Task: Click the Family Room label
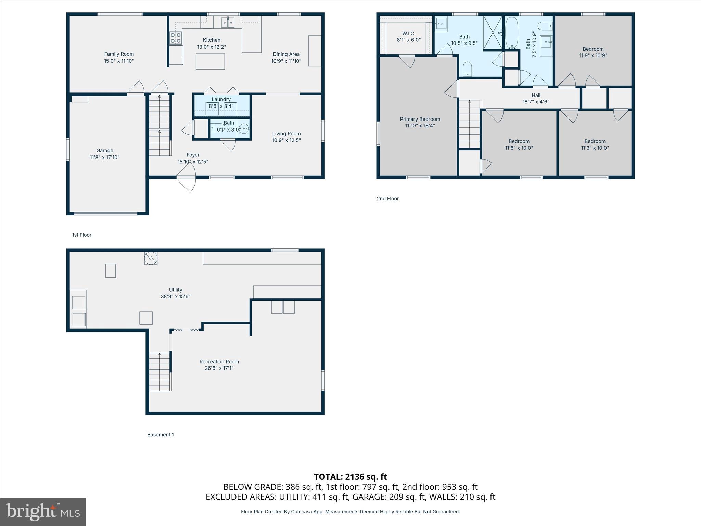point(119,54)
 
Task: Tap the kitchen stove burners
point(176,38)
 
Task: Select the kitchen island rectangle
point(210,62)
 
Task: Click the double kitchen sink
point(228,23)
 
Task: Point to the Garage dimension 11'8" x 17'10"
point(104,158)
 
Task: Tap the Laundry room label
point(221,99)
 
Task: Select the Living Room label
point(286,134)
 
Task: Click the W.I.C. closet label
point(409,33)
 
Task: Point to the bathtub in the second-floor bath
point(512,33)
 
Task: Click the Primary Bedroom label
point(420,119)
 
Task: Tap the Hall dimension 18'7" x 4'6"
point(536,102)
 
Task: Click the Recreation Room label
point(219,362)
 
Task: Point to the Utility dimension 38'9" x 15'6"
point(176,297)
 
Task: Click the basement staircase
point(160,372)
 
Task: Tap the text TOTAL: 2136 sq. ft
point(350,477)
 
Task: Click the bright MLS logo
point(43,512)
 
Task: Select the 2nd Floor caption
point(388,199)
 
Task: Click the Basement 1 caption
point(161,435)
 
